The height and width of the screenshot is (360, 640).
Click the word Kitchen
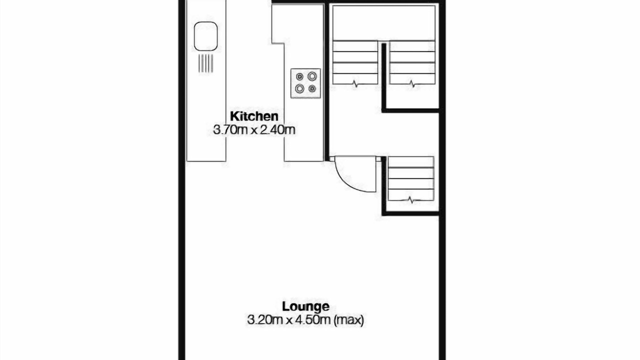254,116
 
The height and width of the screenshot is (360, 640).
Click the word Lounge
305,307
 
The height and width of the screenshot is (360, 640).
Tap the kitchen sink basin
205,36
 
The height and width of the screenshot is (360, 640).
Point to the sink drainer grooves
205,63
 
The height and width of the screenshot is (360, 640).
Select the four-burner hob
305,83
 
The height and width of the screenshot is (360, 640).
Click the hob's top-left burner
299,76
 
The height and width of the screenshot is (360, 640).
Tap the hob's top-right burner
312,76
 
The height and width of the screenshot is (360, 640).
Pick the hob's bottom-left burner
299,88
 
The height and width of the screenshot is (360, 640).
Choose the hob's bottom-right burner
312,89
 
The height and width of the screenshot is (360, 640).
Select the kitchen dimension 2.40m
277,130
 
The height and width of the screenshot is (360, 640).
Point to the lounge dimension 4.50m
313,320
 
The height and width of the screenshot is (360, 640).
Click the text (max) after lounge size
348,320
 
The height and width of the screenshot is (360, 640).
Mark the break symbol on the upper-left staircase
355,84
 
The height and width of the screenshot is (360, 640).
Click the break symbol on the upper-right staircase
412,84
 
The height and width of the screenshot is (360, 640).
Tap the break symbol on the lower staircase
410,199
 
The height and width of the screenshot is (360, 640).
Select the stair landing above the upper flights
383,23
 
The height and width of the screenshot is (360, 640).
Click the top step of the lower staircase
411,162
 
